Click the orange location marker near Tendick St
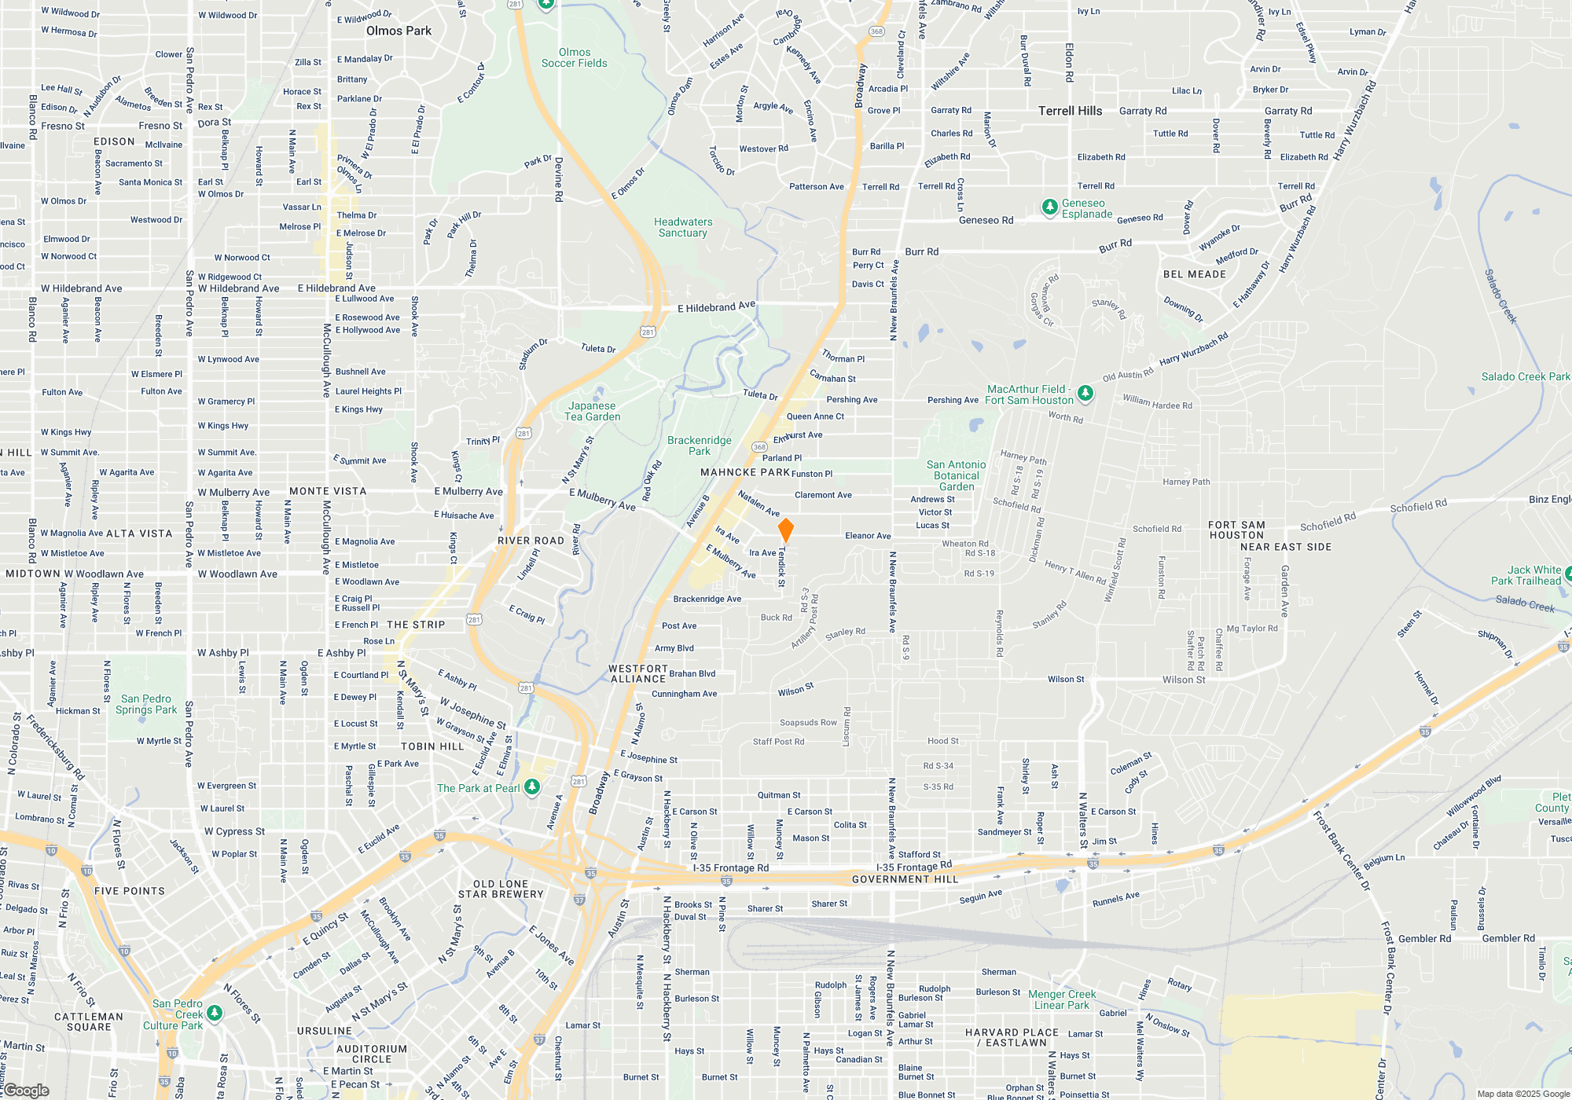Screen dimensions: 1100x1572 point(785,530)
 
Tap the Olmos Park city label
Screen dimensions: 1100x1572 point(399,31)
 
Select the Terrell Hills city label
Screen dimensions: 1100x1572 point(1070,111)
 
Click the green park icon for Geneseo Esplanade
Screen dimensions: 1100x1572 point(1049,207)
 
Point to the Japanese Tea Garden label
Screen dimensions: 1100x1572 point(593,412)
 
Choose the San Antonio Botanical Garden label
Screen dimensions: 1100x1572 point(956,475)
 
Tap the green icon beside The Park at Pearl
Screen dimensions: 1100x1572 point(532,786)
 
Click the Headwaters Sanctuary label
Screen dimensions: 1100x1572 point(683,228)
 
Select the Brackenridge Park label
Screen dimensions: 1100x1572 point(699,445)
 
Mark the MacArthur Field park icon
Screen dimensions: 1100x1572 point(1085,392)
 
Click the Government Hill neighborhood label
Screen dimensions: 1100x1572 point(905,879)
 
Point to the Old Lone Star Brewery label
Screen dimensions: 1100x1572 point(501,889)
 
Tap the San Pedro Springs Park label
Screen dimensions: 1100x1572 point(146,704)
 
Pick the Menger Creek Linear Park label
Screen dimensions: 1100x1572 point(1062,999)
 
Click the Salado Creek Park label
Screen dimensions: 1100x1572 point(1525,377)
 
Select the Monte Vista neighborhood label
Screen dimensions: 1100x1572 point(328,491)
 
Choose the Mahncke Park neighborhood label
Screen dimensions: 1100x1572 point(744,472)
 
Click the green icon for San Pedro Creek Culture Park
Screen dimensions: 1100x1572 point(214,1014)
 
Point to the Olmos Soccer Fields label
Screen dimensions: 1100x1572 point(575,58)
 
